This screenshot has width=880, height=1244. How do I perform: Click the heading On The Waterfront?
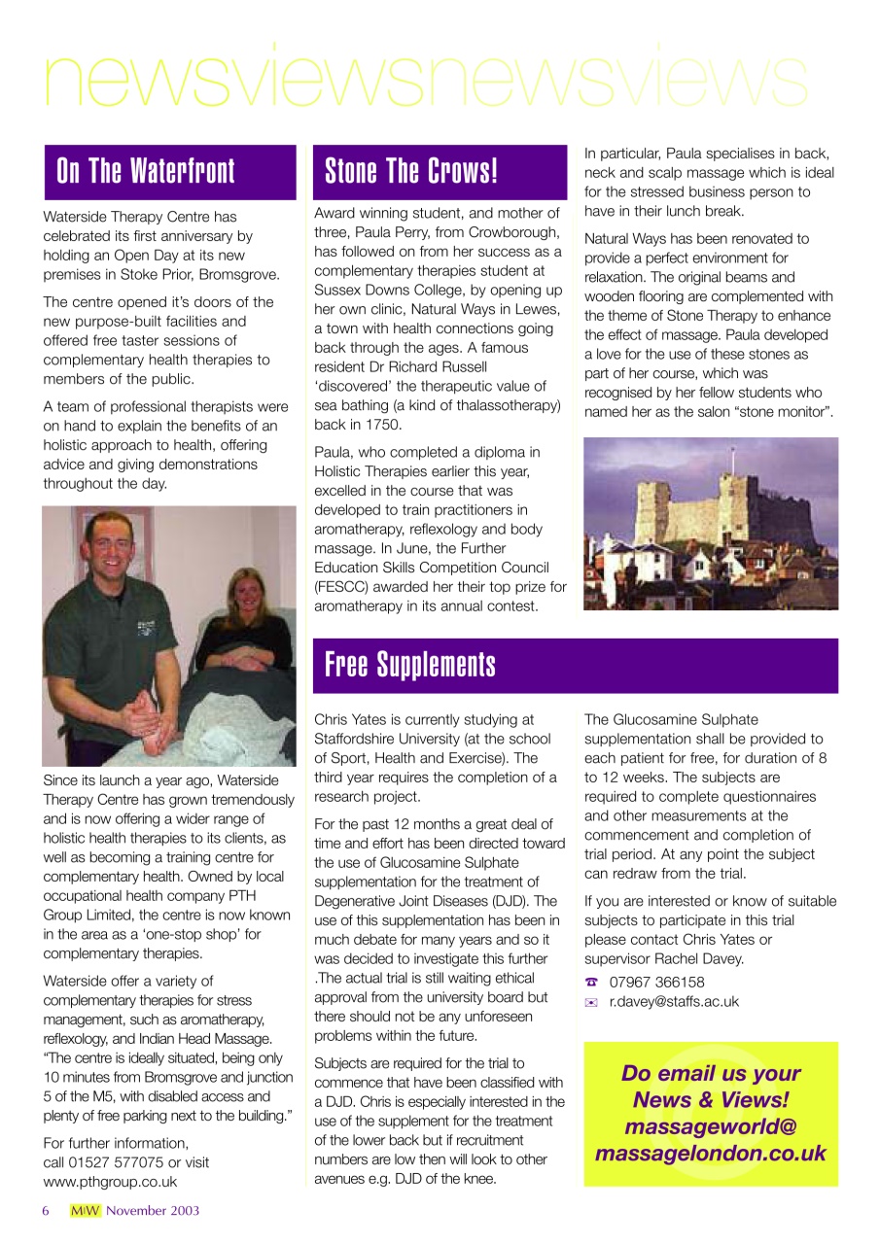146,172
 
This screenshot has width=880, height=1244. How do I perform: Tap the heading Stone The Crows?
411,172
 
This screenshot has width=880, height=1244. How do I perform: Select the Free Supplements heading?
409,666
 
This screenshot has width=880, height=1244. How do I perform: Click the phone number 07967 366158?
656,983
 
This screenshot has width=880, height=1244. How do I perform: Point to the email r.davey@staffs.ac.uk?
674,1002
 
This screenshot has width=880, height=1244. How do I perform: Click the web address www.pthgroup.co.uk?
110,1182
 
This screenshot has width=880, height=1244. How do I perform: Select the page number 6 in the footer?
46,1211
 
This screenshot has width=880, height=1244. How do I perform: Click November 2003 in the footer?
153,1211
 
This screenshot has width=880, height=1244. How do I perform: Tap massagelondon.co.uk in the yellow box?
711,1154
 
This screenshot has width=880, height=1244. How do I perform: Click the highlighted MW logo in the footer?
85,1211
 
